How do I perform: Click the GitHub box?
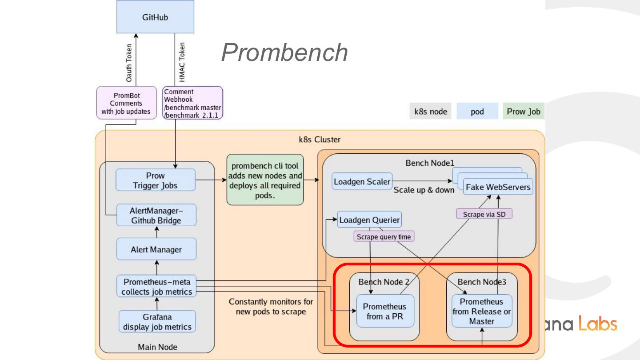point(155,17)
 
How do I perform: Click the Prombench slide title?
point(284,52)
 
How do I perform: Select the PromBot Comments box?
point(127,103)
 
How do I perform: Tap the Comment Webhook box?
point(192,103)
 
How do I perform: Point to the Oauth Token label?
point(129,62)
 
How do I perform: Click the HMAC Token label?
point(182,62)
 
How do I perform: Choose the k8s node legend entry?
point(430,111)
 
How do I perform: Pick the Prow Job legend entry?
point(524,111)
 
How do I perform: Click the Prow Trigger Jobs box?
point(156,180)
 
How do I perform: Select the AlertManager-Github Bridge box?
point(156,215)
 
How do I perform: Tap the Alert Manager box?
point(156,249)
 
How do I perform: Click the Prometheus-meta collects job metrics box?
point(156,287)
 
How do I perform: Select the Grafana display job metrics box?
point(157,322)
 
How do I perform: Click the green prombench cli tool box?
point(265,180)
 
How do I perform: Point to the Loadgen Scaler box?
point(362,181)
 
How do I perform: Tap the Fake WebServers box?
point(498,187)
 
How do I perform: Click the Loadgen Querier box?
point(369,220)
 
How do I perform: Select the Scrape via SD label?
point(484,214)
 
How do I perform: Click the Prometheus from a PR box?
point(385,311)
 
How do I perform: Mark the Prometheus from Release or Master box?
point(482,311)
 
